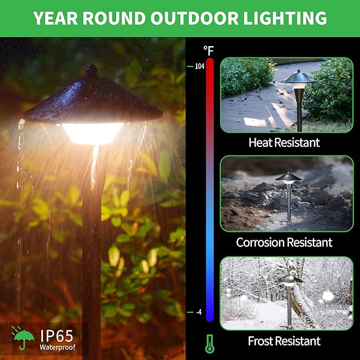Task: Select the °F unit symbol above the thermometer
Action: pyautogui.click(x=208, y=51)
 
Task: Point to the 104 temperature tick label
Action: pyautogui.click(x=199, y=66)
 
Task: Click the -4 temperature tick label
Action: pyautogui.click(x=199, y=312)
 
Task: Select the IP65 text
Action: pyautogui.click(x=56, y=336)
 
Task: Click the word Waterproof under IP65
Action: pyautogui.click(x=57, y=348)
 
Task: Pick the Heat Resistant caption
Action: pyautogui.click(x=284, y=142)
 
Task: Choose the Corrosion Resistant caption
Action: pyautogui.click(x=284, y=242)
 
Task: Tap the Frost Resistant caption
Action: pyautogui.click(x=284, y=340)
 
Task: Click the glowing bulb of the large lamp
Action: pyautogui.click(x=93, y=133)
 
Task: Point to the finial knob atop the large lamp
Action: pyautogui.click(x=92, y=70)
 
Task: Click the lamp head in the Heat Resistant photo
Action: pyautogui.click(x=298, y=78)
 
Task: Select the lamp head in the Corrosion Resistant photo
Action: pyautogui.click(x=289, y=177)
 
